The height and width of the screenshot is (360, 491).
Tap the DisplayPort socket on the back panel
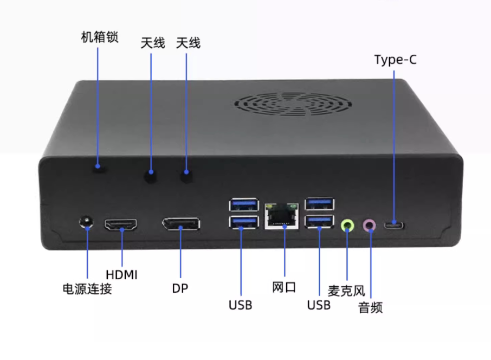click(180, 224)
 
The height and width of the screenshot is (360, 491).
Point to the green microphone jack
click(347, 224)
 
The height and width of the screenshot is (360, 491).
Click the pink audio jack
click(370, 224)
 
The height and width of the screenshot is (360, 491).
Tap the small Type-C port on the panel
click(394, 225)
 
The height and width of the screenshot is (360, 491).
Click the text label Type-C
click(396, 60)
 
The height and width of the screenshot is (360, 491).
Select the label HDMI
click(122, 275)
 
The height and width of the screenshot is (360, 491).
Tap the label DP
click(180, 288)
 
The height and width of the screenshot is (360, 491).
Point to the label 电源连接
click(87, 288)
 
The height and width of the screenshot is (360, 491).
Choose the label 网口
click(284, 287)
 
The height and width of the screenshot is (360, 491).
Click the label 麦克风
click(346, 291)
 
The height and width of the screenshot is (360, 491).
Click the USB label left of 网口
click(241, 305)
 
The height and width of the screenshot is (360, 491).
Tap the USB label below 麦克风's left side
click(319, 305)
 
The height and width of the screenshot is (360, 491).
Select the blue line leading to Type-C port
click(395, 141)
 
